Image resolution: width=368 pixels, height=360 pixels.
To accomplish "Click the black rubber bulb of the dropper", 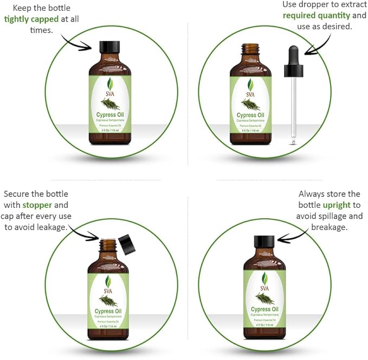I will tap(293, 60).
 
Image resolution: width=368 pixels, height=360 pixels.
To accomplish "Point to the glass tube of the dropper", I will tap(294, 108).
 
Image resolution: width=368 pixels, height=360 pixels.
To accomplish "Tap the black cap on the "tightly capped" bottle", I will tap(110, 47).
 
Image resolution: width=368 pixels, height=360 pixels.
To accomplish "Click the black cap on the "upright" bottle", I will tap(264, 241).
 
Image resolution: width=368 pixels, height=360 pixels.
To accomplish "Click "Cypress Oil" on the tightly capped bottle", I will tap(110, 114).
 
